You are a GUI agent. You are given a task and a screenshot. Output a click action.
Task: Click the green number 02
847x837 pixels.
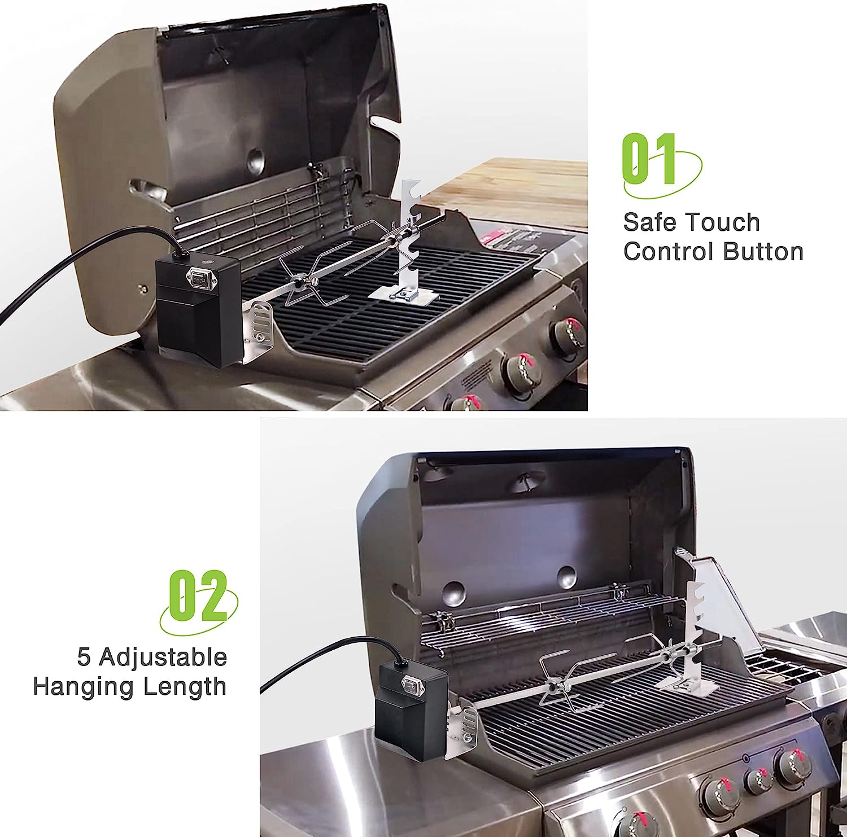pyautogui.click(x=198, y=595)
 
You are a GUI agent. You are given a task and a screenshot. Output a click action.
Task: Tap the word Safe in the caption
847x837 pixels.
pyautogui.click(x=649, y=222)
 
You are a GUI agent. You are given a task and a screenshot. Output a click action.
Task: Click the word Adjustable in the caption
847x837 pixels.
pyautogui.click(x=163, y=658)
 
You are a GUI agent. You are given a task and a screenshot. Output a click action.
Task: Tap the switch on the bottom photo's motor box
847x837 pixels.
pyautogui.click(x=408, y=685)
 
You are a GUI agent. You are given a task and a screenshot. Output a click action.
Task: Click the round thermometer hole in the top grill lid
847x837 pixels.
pyautogui.click(x=255, y=161)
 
